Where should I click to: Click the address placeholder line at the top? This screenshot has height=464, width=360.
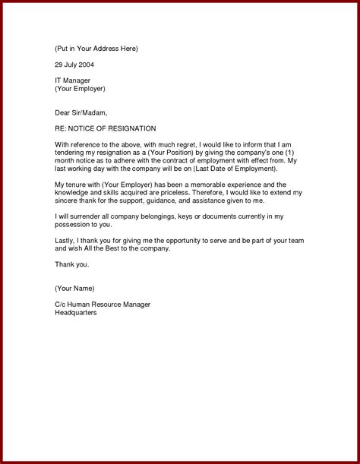(x=96, y=49)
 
